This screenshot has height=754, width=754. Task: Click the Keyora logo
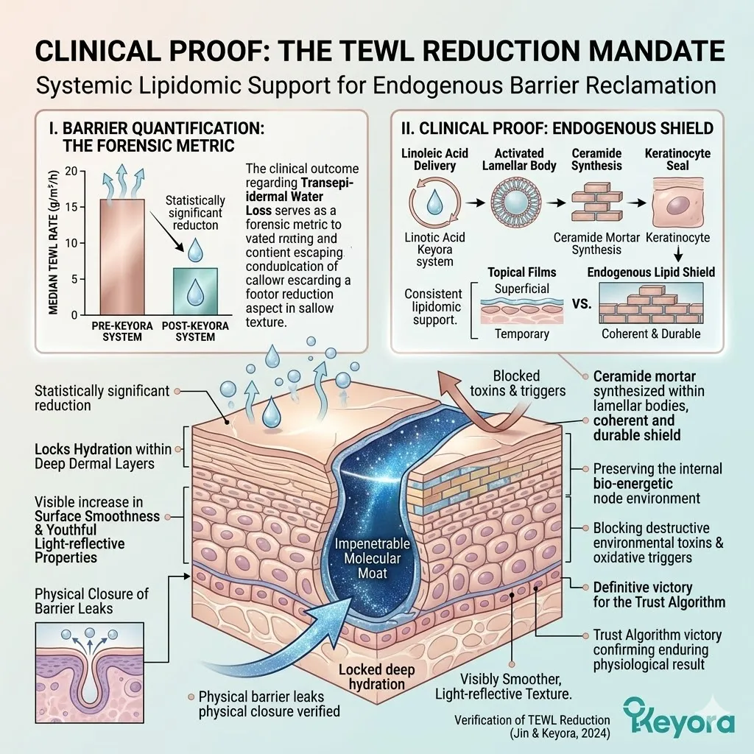pos(678,714)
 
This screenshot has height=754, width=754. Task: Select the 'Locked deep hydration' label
pos(373,677)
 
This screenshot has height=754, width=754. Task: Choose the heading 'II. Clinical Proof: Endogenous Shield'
pos(557,128)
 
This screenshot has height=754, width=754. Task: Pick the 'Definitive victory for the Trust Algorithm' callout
pos(659,594)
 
